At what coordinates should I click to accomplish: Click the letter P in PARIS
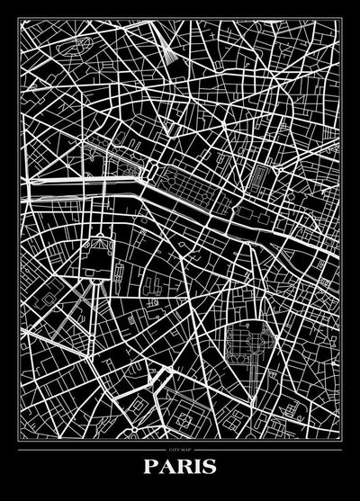click(x=148, y=467)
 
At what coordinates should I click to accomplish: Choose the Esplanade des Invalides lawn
click(x=99, y=220)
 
